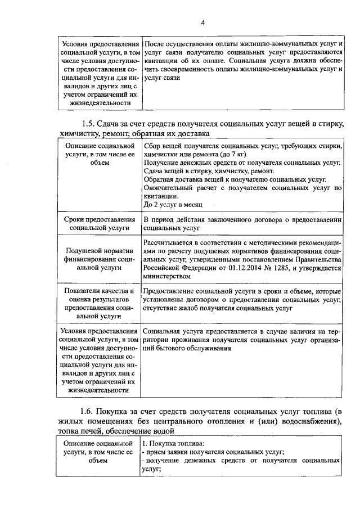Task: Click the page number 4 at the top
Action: pyautogui.click(x=204, y=22)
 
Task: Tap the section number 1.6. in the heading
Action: pyautogui.click(x=90, y=412)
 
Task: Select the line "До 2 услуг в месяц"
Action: pyautogui.click(x=172, y=205)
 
